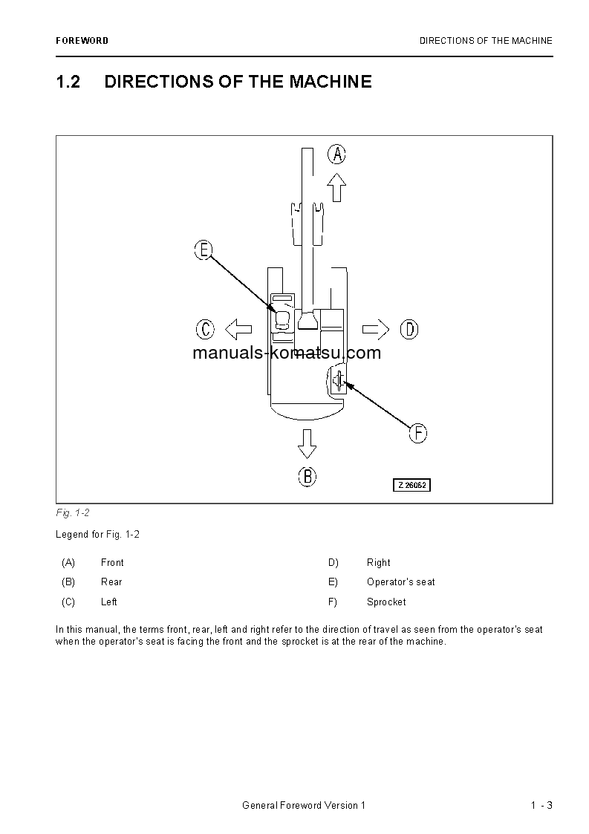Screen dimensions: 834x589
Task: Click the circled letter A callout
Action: (337, 154)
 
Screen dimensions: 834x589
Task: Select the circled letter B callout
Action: (307, 477)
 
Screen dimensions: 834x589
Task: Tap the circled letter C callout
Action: (206, 328)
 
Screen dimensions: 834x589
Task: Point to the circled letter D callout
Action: (409, 328)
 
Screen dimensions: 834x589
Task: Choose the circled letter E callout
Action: (204, 250)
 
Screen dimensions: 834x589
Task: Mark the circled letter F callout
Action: (418, 433)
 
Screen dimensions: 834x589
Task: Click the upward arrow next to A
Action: (337, 187)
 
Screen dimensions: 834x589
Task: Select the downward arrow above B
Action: (307, 443)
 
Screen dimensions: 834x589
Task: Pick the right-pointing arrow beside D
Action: (376, 328)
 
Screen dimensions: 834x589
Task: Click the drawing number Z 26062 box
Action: (412, 485)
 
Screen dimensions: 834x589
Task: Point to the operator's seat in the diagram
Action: (282, 320)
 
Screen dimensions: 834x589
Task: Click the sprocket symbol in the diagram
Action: (338, 381)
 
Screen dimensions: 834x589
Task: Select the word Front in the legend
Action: (112, 563)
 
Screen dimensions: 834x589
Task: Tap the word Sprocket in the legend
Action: (386, 602)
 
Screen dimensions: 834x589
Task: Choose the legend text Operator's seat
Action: (401, 582)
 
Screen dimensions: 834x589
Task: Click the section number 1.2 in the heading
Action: (68, 82)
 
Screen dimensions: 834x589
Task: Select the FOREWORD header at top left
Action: (82, 41)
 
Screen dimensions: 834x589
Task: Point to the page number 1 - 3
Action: (541, 806)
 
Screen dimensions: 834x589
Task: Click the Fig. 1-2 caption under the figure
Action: (73, 513)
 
